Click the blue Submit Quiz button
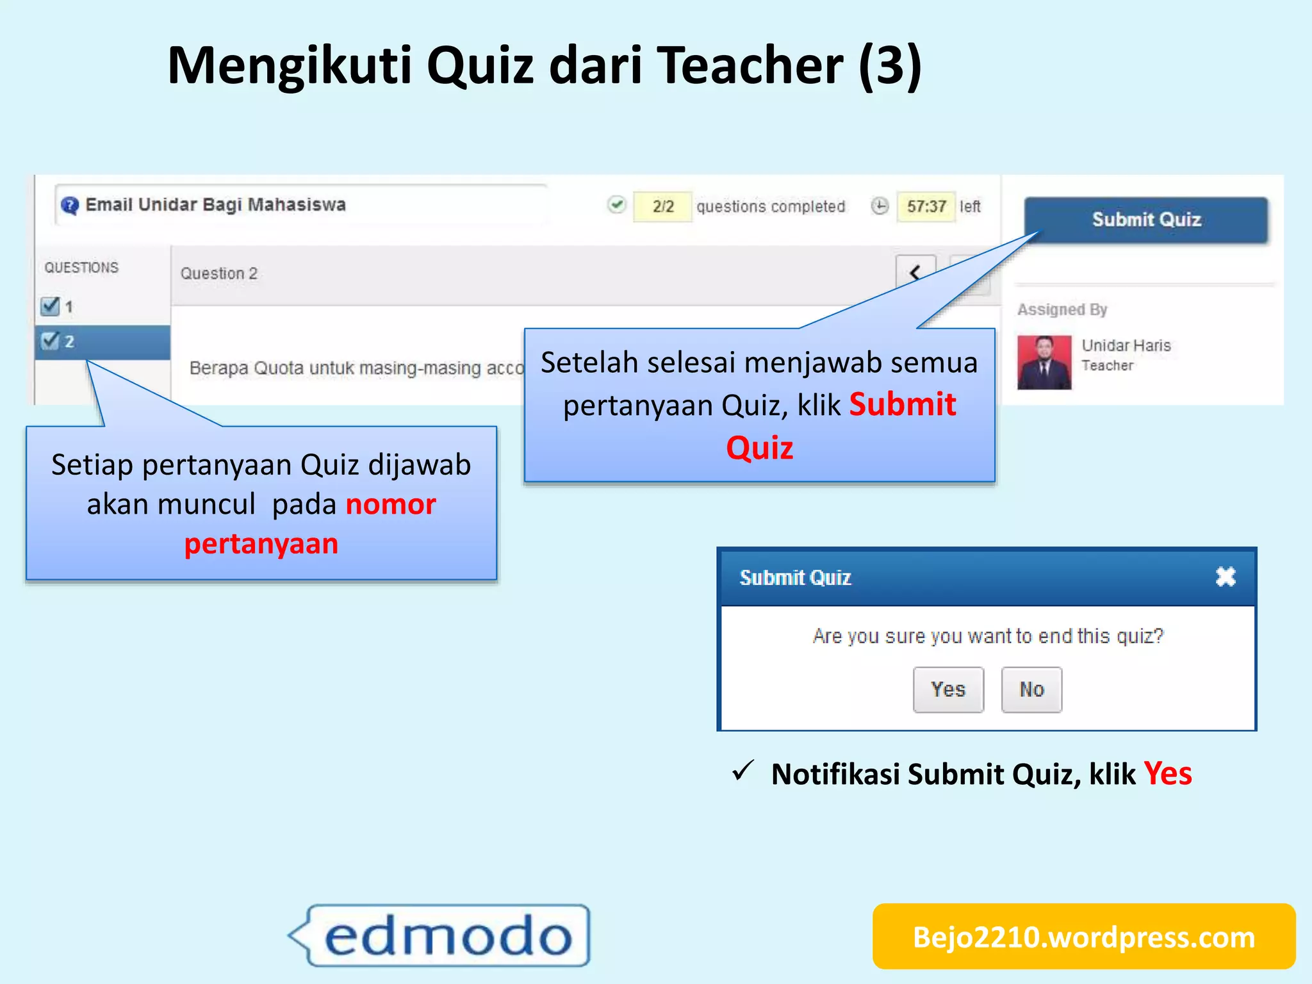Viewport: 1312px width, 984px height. [1145, 220]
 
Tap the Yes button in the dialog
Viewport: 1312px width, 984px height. [948, 689]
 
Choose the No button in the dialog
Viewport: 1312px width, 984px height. [1031, 689]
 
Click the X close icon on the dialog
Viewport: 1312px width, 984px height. [1226, 577]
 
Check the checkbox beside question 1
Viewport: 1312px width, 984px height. [50, 306]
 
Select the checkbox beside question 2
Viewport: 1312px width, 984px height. [50, 341]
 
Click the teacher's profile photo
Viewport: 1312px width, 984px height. [1044, 363]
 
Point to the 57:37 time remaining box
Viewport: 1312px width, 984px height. [926, 206]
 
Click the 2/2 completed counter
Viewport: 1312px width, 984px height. [662, 206]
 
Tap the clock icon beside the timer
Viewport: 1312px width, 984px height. [880, 206]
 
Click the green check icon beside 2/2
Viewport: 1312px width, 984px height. [616, 205]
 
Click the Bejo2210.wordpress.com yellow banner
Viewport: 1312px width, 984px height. [1084, 937]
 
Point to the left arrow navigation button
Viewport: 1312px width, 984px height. [915, 273]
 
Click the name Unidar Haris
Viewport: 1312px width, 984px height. [1126, 345]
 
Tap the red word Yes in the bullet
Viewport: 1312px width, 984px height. [1168, 774]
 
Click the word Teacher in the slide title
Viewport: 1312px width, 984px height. [751, 65]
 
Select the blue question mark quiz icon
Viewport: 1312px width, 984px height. [69, 206]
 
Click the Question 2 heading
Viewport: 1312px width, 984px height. [218, 274]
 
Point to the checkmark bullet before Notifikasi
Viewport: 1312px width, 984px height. [743, 771]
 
